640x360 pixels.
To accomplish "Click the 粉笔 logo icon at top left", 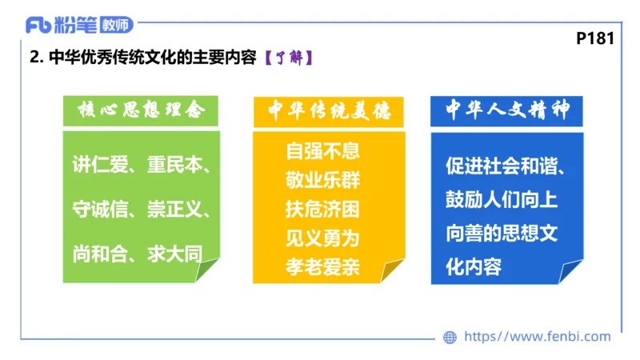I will coord(39,24).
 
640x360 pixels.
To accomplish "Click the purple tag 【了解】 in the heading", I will coord(286,58).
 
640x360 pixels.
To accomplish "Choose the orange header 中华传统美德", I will coord(329,111).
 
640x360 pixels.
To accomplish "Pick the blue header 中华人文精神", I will coord(507,111).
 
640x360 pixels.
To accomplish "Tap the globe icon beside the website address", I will coord(450,338).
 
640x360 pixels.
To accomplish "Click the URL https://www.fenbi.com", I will coord(537,337).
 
